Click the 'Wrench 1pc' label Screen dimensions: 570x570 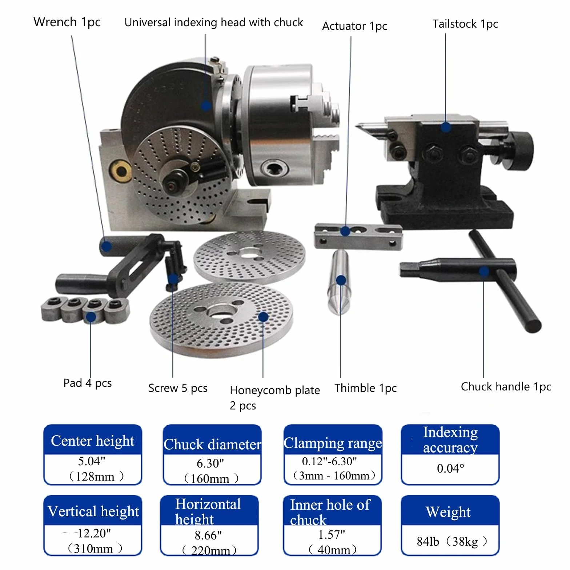pyautogui.click(x=67, y=22)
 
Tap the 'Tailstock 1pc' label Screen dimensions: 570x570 pyautogui.click(x=465, y=24)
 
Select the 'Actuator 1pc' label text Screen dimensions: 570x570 pyautogui.click(x=354, y=26)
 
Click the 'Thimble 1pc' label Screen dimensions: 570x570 pyautogui.click(x=365, y=388)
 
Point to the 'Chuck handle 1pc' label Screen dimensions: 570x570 pyautogui.click(x=506, y=386)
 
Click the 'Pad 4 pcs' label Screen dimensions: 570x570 pyautogui.click(x=88, y=383)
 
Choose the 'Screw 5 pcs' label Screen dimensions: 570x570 pyautogui.click(x=178, y=388)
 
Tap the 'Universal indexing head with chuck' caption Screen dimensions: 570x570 pyautogui.click(x=214, y=23)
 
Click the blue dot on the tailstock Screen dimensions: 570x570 pyautogui.click(x=446, y=127)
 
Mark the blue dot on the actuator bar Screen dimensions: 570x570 pyautogui.click(x=345, y=231)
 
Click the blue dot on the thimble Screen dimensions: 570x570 pyautogui.click(x=341, y=280)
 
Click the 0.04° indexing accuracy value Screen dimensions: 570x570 pyautogui.click(x=450, y=468)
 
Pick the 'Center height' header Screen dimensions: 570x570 pyautogui.click(x=93, y=440)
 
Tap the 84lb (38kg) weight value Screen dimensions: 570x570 pyautogui.click(x=452, y=541)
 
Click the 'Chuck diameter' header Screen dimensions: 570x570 pyautogui.click(x=212, y=444)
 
